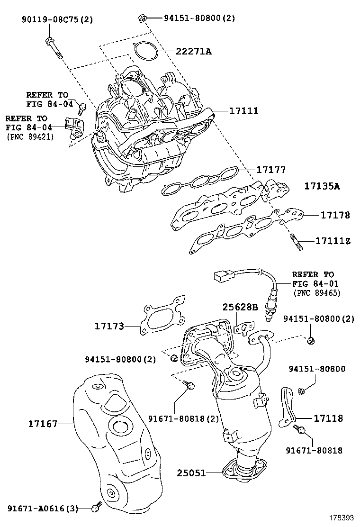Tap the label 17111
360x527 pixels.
tap(243, 111)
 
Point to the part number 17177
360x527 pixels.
tap(271, 169)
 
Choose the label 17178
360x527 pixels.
tap(335, 215)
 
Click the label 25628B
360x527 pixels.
tap(240, 308)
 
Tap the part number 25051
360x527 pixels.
tap(192, 472)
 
